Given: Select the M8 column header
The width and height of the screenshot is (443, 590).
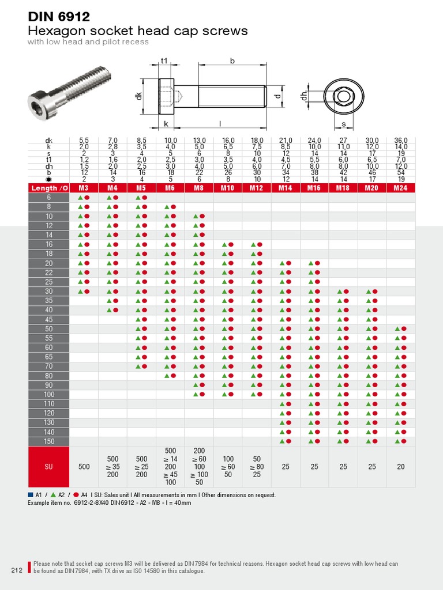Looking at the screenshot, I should click(199, 188).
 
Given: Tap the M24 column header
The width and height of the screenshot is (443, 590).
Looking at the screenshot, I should click(400, 188).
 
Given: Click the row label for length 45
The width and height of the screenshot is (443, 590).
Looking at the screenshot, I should click(49, 320).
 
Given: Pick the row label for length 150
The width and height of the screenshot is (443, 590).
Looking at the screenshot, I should click(49, 441).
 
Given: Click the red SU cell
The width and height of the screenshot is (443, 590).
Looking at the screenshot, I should click(49, 467).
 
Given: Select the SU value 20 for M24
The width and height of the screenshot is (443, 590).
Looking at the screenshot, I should click(400, 467).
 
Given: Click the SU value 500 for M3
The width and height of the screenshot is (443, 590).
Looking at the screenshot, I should click(84, 467).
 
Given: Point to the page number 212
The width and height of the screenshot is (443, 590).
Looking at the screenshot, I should click(16, 571).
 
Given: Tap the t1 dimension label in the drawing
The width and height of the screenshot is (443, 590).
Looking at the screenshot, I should click(164, 60).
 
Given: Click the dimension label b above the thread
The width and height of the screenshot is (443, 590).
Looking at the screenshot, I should click(232, 60).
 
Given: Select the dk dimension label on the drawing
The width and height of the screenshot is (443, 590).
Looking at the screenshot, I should click(138, 96).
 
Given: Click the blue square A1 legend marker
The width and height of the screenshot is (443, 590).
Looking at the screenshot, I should click(31, 495).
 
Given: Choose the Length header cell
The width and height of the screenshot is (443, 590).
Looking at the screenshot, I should click(49, 188).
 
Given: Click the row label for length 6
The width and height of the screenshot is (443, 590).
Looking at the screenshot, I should click(49, 198).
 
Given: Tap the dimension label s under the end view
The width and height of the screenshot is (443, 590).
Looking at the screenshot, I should click(344, 124).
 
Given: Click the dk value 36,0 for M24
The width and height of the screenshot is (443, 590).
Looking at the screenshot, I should click(400, 141).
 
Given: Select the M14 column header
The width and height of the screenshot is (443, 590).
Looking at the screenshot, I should click(286, 188).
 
